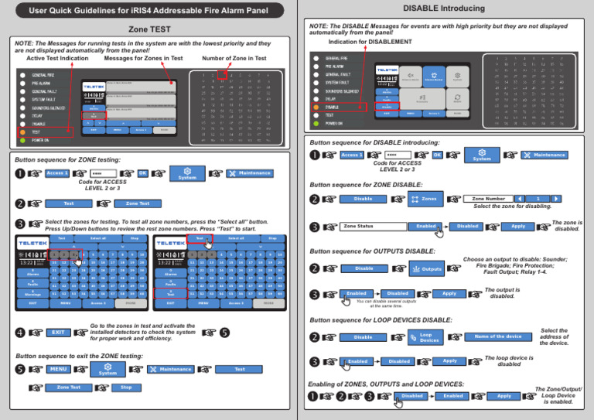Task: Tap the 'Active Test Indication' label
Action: (x=56, y=59)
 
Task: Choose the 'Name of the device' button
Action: (x=497, y=336)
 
